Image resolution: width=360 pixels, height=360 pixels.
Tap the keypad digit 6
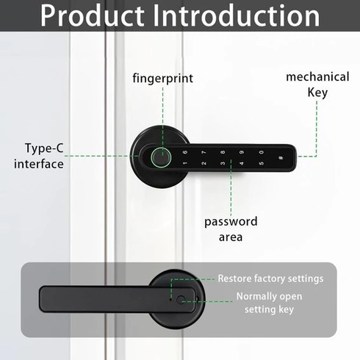185,152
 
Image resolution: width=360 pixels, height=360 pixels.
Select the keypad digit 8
223,152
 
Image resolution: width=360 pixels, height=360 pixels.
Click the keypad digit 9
242,152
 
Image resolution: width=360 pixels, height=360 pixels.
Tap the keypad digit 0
262,152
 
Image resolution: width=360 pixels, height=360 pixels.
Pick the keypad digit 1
185,163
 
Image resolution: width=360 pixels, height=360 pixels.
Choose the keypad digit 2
204,163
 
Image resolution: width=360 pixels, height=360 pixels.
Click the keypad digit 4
242,163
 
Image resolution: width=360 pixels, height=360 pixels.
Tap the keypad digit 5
262,163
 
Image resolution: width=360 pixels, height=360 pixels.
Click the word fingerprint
163,79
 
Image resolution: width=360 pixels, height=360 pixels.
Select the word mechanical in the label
317,77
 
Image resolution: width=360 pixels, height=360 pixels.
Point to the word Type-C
44,148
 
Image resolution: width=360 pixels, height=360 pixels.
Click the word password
231,222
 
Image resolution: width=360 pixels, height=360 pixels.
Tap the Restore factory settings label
270,278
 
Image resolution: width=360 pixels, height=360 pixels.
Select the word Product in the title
93,15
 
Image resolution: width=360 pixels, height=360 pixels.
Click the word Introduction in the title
237,15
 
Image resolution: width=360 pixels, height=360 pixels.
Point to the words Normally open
269,297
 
